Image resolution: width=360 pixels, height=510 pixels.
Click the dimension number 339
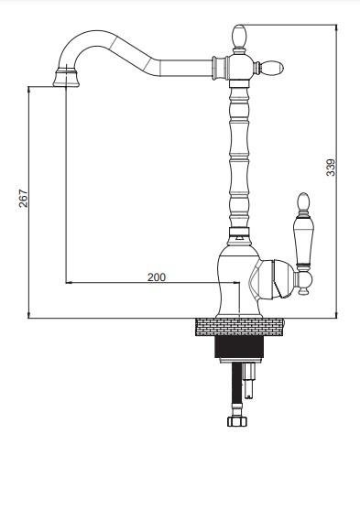click(331, 168)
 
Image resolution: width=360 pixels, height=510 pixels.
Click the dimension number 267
click(24, 198)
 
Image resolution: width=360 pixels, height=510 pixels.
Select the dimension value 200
click(157, 277)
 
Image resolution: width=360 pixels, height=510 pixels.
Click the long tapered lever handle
click(303, 241)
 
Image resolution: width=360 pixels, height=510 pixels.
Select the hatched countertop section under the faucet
click(240, 327)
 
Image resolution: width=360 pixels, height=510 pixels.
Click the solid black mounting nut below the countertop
click(239, 347)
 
